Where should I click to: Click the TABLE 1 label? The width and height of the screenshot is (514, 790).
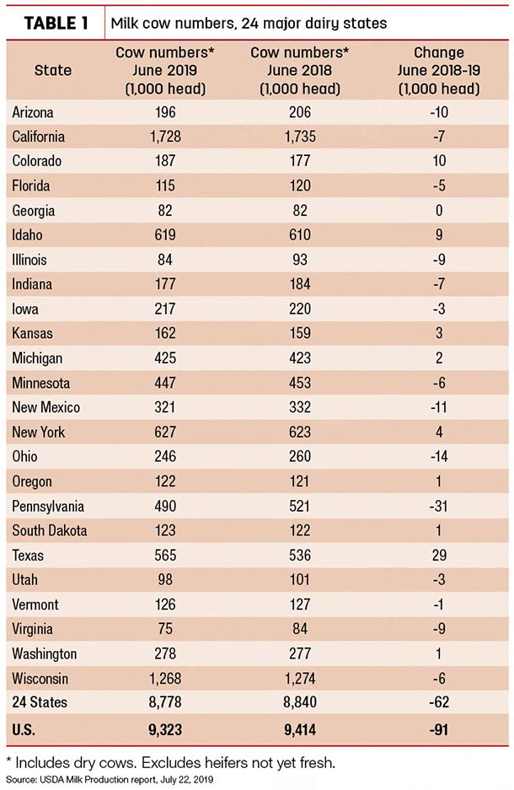pos(56,23)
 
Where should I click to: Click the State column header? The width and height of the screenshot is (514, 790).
pos(53,70)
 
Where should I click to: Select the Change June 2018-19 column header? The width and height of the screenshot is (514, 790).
pos(439,71)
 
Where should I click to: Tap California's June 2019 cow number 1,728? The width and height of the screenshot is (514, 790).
pos(165,137)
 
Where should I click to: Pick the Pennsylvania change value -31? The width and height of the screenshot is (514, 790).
pos(438,506)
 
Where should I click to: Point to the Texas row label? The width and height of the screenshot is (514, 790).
pos(28,556)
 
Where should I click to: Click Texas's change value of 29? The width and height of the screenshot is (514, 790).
pos(439,556)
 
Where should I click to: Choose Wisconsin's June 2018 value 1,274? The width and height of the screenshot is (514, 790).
pos(300,678)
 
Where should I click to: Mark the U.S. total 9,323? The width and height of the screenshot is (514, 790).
pos(165,729)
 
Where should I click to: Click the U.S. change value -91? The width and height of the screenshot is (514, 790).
pos(439,729)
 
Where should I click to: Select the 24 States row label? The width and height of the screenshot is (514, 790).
pos(40,702)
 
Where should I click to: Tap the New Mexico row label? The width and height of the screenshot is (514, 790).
pos(46,407)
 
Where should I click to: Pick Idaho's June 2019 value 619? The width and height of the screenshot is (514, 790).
pos(165,234)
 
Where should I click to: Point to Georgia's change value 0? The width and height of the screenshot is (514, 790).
pos(439,210)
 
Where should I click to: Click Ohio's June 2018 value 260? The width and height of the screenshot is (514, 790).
pos(300,456)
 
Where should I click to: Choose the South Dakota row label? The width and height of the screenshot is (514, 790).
pos(50,530)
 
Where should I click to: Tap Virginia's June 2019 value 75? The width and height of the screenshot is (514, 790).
pos(165,629)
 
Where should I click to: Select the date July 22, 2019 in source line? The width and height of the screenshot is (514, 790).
pos(187,780)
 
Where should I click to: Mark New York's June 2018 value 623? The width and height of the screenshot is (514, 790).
pos(300,432)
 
